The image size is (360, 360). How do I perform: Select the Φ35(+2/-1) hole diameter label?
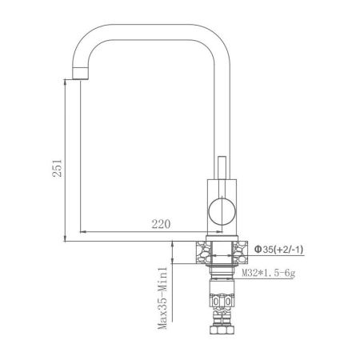tap(278, 250)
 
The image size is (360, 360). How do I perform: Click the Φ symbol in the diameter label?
tap(258, 250)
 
